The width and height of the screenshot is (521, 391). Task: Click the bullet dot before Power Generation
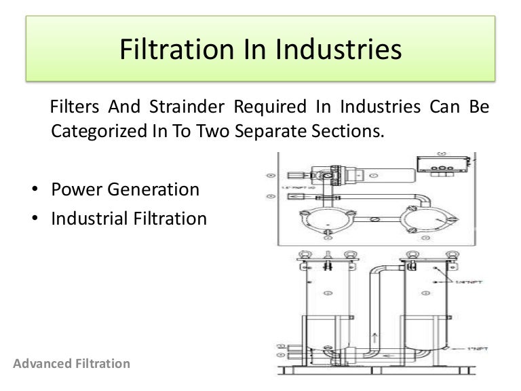tap(34, 190)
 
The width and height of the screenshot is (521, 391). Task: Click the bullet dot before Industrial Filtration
tap(34, 219)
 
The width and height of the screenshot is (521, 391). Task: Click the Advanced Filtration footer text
tap(71, 364)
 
